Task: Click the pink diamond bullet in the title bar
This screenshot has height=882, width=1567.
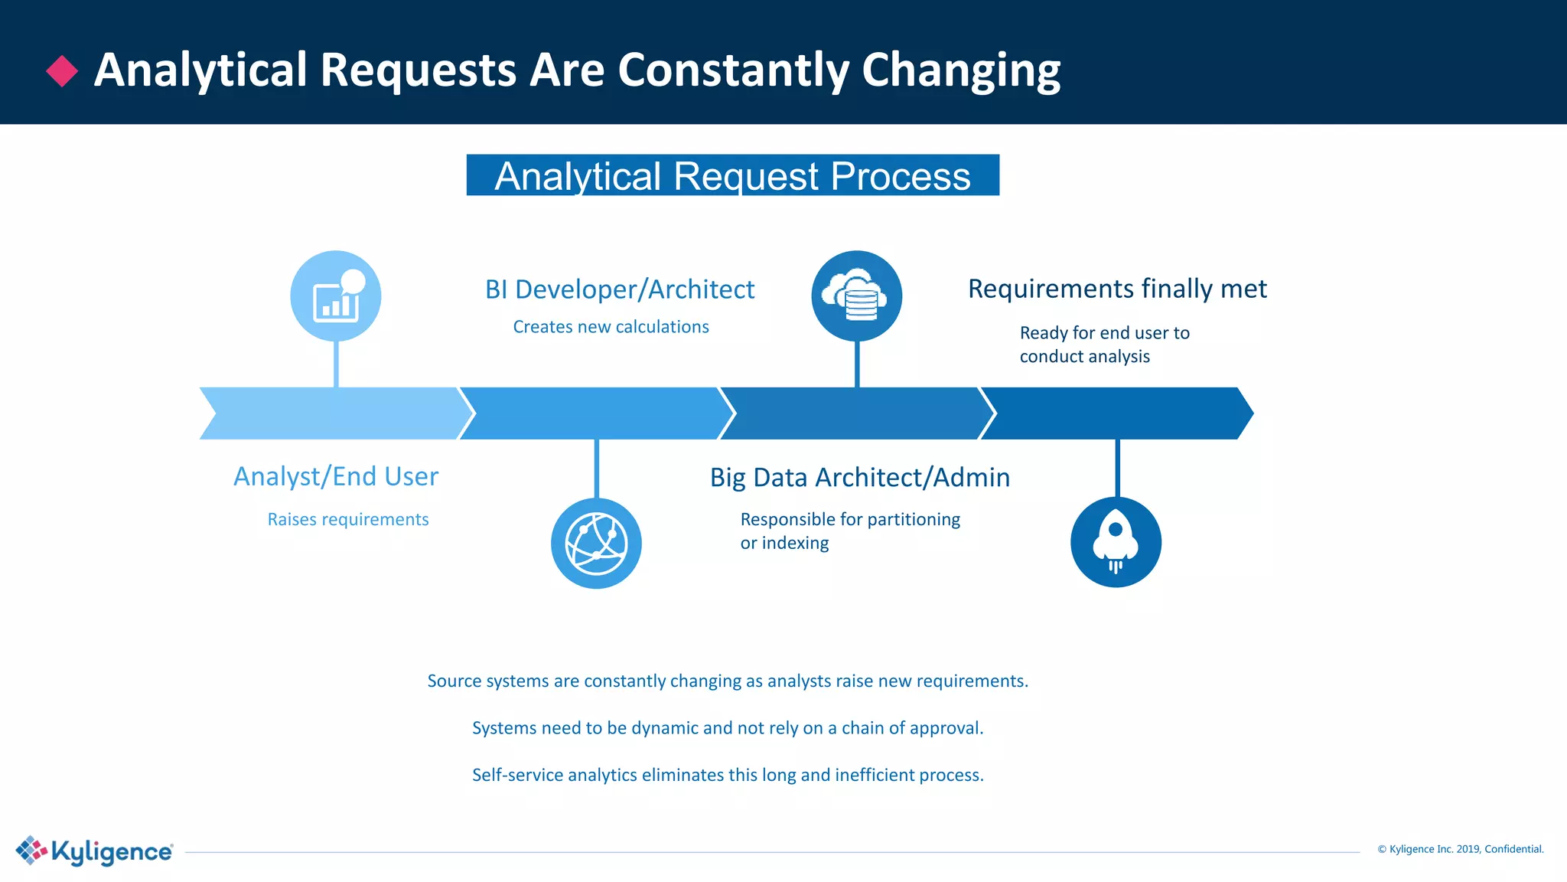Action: pyautogui.click(x=62, y=71)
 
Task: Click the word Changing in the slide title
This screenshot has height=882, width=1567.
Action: pyautogui.click(x=961, y=71)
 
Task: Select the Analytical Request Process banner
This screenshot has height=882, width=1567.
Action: pyautogui.click(x=732, y=175)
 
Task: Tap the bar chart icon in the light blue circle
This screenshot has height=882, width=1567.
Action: pyautogui.click(x=336, y=296)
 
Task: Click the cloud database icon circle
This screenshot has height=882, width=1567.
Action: pyautogui.click(x=856, y=296)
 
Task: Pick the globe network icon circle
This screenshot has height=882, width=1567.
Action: pyautogui.click(x=596, y=544)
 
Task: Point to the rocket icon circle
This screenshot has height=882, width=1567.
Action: pyautogui.click(x=1116, y=542)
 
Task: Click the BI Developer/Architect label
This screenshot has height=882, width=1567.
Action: pyautogui.click(x=620, y=289)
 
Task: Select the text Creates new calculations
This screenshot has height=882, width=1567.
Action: pyautogui.click(x=611, y=327)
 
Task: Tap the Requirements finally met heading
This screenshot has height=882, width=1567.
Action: pyautogui.click(x=1117, y=289)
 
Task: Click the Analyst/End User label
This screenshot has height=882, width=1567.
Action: pyautogui.click(x=336, y=476)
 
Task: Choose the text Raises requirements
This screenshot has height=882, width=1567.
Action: pyautogui.click(x=348, y=519)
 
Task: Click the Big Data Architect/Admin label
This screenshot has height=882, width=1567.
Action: pyautogui.click(x=860, y=477)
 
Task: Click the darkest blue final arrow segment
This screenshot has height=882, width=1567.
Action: pyautogui.click(x=1117, y=413)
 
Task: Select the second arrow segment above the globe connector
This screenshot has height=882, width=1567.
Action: pyautogui.click(x=596, y=413)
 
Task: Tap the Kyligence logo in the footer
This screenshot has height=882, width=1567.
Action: pyautogui.click(x=95, y=851)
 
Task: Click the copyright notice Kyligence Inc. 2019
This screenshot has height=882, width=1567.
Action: pyautogui.click(x=1460, y=849)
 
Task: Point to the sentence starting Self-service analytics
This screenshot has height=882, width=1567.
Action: pyautogui.click(x=728, y=775)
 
